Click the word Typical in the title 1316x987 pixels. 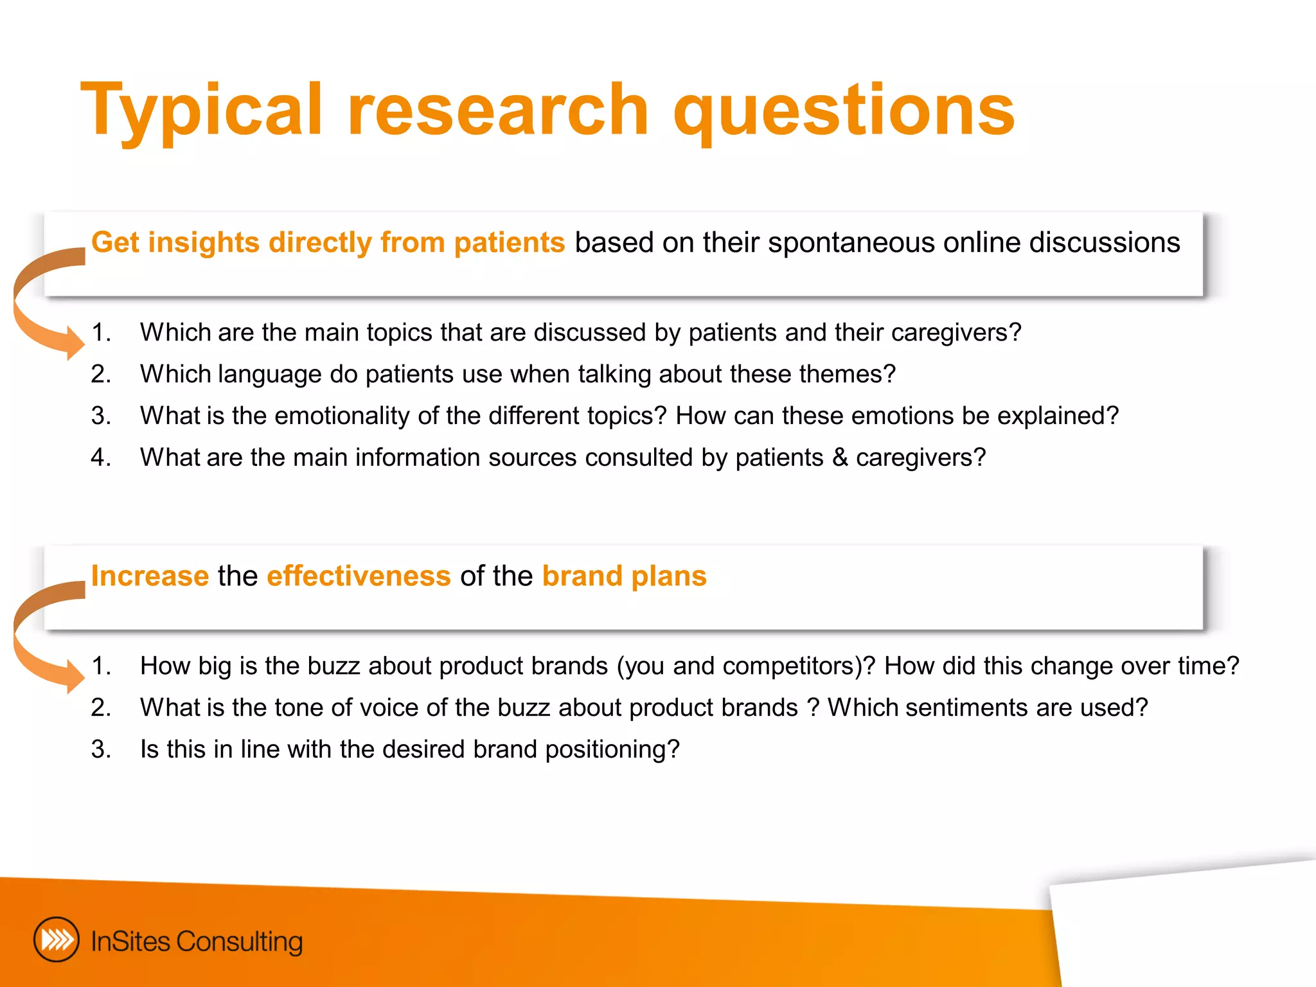coord(200,111)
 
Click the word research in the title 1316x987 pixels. coord(498,111)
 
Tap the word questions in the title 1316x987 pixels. coord(843,111)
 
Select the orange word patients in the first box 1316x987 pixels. coord(509,243)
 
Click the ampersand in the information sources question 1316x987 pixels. coord(840,458)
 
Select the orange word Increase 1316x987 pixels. coord(150,576)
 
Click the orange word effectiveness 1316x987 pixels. coord(359,576)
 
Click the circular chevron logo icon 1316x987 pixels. coord(57,940)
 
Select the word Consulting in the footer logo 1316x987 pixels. coord(239,942)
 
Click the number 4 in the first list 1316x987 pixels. coord(100,458)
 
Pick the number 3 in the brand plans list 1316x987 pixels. coord(100,750)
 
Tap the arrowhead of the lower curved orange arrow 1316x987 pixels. coord(74,675)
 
